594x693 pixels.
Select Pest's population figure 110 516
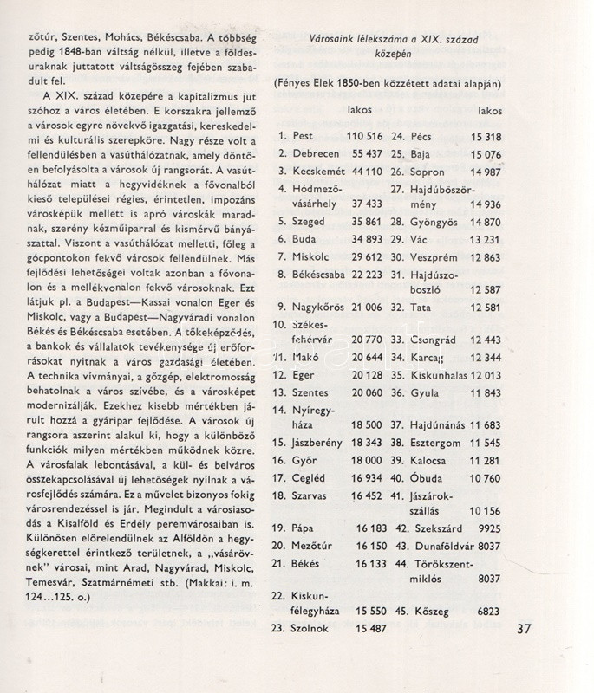(364, 137)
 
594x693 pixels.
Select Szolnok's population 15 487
(370, 627)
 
